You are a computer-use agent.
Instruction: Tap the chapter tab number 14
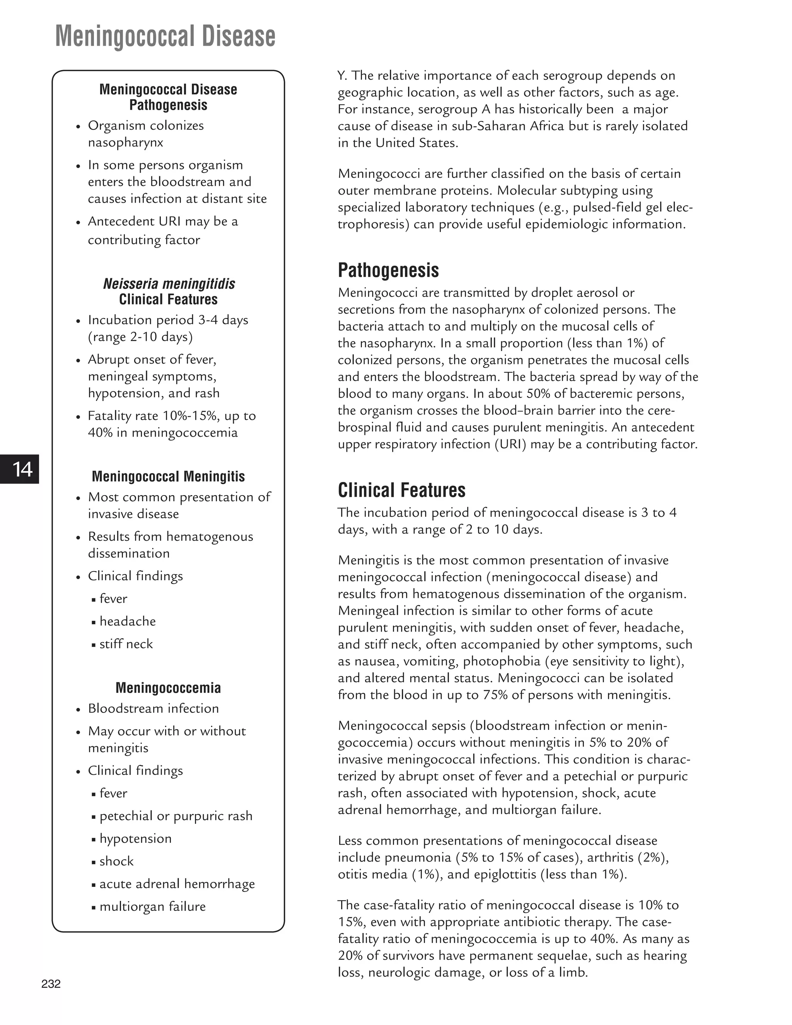(22, 469)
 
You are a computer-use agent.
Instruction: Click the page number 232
(51, 984)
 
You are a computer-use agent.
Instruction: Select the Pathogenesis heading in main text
(388, 270)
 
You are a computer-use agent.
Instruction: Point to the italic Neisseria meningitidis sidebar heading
(169, 284)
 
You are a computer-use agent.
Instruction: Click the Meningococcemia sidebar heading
(168, 688)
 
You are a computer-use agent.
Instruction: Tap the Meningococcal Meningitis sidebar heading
(168, 477)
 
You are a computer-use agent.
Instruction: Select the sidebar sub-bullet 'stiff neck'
(126, 644)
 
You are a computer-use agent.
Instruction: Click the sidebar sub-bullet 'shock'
(116, 861)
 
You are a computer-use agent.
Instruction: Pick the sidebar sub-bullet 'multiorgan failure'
(152, 906)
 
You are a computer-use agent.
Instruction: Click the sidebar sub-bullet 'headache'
(127, 622)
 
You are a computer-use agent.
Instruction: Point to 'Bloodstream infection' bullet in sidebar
(154, 708)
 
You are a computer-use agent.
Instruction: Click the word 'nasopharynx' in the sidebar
(125, 143)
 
